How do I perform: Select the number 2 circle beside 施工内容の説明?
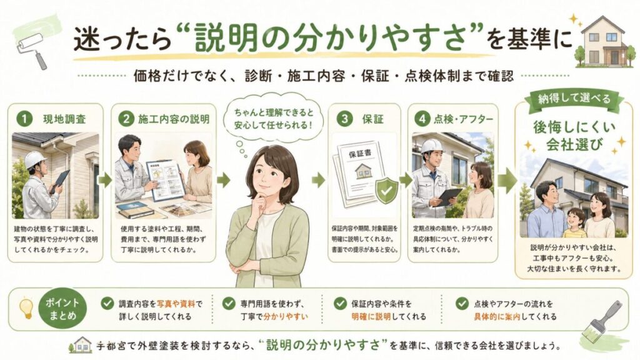125,118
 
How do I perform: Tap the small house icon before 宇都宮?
82,344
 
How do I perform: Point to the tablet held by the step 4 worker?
449,196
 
